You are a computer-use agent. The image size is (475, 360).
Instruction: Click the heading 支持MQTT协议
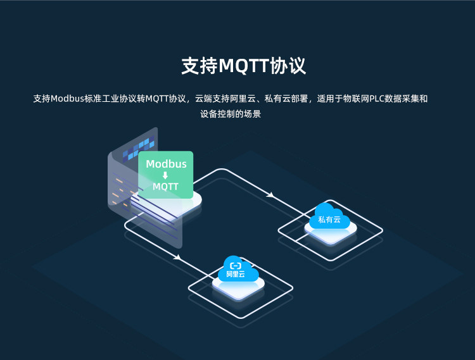coord(244,66)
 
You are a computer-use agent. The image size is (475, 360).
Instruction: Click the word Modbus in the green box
coord(166,164)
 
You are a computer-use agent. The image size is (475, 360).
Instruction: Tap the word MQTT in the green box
coord(165,187)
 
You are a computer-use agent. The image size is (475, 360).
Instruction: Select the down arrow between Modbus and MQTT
coord(165,175)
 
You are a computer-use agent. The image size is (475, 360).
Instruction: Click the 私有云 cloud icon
coord(329,216)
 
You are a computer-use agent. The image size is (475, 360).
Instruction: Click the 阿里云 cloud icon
coord(238,269)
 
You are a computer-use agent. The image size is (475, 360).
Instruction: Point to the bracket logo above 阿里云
coord(236,266)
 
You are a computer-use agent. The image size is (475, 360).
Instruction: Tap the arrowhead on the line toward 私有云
coord(270,195)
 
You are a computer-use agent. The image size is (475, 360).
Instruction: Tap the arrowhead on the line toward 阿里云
coord(177,258)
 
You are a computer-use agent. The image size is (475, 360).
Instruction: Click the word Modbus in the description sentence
coord(67,99)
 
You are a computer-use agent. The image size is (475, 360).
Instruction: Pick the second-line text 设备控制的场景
coord(231,114)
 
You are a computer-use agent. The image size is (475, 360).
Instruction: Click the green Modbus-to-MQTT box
coord(166,175)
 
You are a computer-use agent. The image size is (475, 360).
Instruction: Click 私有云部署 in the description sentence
coord(286,99)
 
